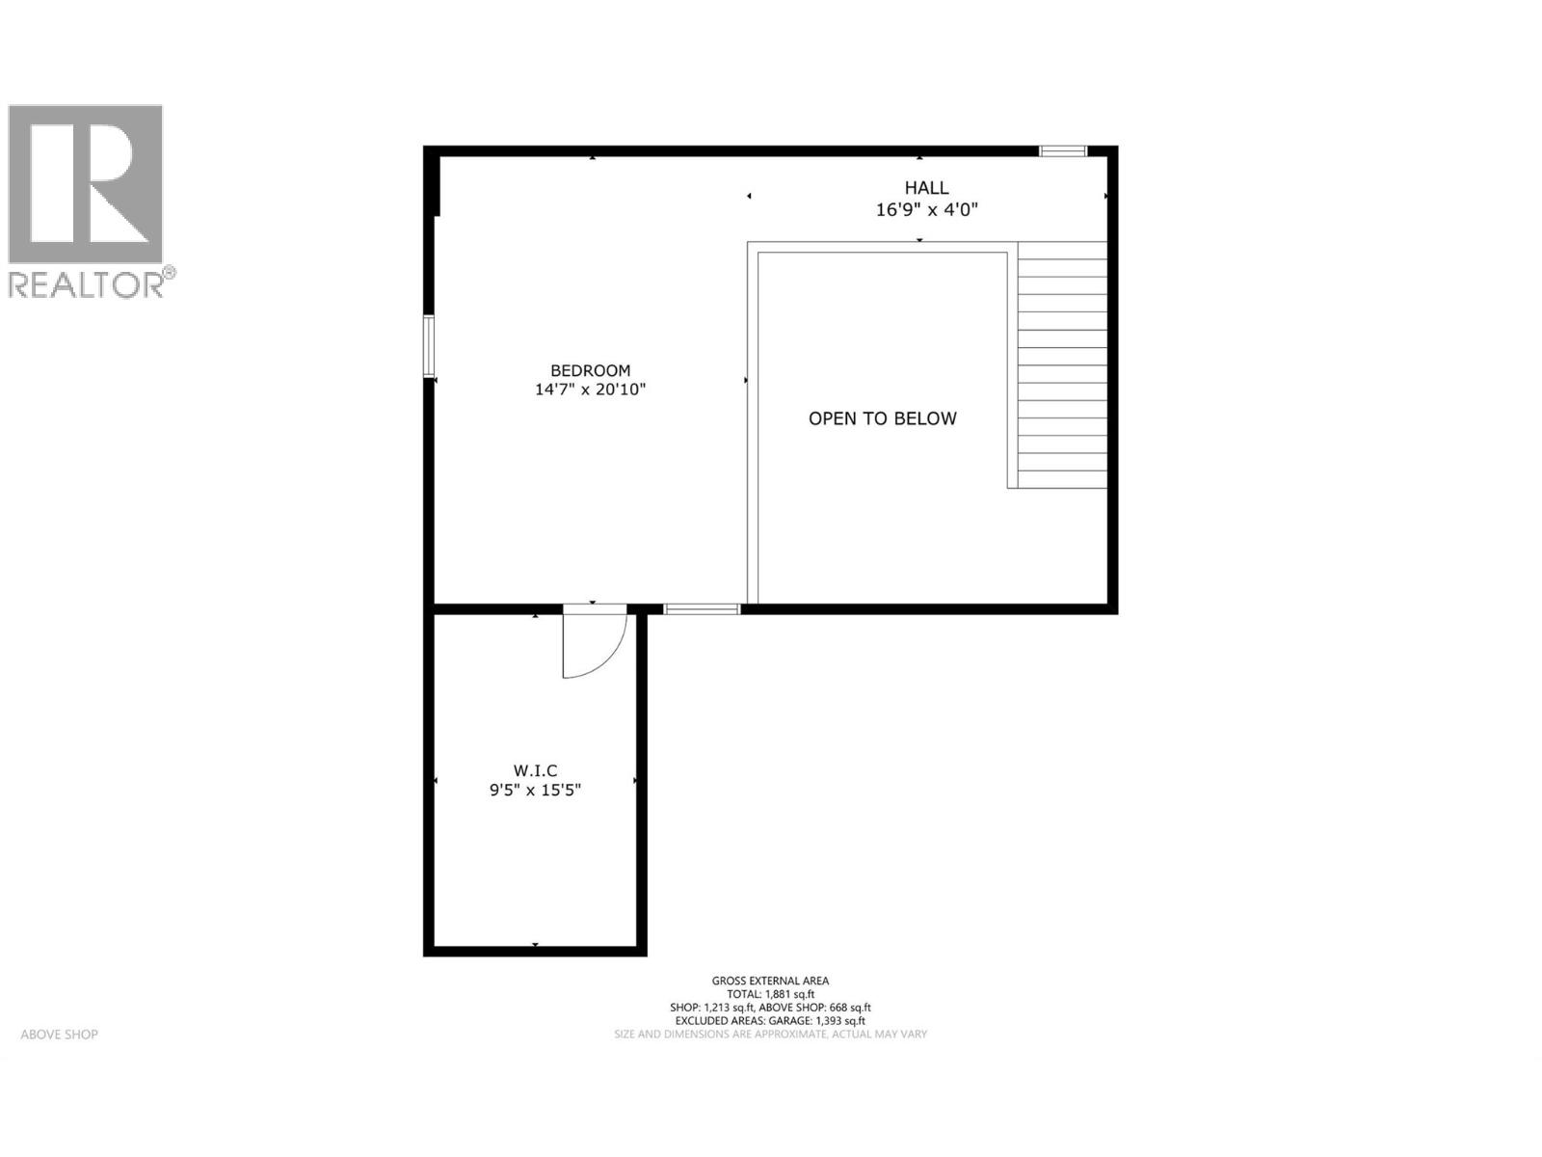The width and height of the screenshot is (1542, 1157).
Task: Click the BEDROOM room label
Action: [x=590, y=370]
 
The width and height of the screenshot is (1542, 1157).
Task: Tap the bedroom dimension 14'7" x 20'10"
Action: [x=590, y=390]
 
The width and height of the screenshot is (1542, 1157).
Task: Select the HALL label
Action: [x=926, y=188]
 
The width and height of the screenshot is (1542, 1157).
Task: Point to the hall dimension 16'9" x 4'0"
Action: [x=926, y=209]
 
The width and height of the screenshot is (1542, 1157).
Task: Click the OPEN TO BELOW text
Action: [x=882, y=418]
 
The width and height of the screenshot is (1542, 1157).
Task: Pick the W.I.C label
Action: [x=535, y=770]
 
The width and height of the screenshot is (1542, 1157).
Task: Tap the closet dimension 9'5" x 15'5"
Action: [x=535, y=791]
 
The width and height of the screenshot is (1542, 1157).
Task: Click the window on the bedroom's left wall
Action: [x=429, y=346]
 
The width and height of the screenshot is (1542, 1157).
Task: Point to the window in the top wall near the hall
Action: [x=1062, y=150]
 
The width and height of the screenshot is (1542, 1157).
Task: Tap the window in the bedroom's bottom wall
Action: [x=702, y=608]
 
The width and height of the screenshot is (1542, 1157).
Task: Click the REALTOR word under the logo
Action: [x=87, y=284]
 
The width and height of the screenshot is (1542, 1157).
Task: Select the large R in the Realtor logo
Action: [x=87, y=183]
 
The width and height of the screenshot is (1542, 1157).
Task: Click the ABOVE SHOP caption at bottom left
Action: [x=60, y=1035]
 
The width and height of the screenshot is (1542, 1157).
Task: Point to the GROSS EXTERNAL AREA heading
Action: [x=770, y=981]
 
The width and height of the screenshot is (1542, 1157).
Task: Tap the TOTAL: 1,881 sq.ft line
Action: [x=770, y=994]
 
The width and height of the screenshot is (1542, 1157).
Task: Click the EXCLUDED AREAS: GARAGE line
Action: [x=770, y=1021]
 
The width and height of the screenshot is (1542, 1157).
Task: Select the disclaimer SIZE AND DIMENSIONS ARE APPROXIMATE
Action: [x=770, y=1035]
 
